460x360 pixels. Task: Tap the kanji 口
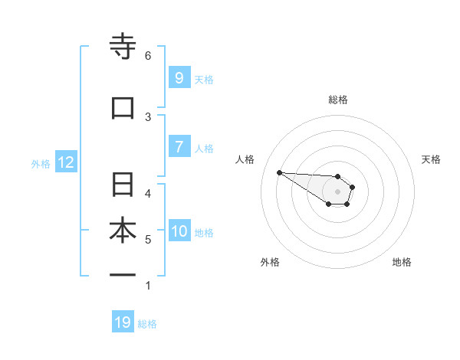pyautogui.click(x=123, y=108)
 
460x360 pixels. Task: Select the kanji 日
pyautogui.click(x=123, y=186)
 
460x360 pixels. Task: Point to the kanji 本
pyautogui.click(x=123, y=231)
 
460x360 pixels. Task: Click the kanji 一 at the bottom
pyautogui.click(x=123, y=274)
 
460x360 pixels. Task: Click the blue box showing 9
pyautogui.click(x=179, y=77)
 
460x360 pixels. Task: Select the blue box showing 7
pyautogui.click(x=179, y=147)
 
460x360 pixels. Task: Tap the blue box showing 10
pyautogui.click(x=180, y=231)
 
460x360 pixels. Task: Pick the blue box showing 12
pyautogui.click(x=65, y=162)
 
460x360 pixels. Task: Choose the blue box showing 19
pyautogui.click(x=123, y=322)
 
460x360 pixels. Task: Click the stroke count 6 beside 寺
pyautogui.click(x=148, y=56)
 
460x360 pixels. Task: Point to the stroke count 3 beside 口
pyautogui.click(x=148, y=116)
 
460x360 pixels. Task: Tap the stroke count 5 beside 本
pyautogui.click(x=148, y=240)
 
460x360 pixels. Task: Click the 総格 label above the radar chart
pyautogui.click(x=338, y=100)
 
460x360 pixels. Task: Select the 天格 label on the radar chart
pyautogui.click(x=431, y=159)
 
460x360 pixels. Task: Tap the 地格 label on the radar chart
pyautogui.click(x=402, y=262)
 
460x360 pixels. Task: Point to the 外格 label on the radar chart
pyautogui.click(x=270, y=262)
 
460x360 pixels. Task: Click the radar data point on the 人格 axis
pyautogui.click(x=279, y=172)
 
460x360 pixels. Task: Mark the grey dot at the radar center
pyautogui.click(x=338, y=191)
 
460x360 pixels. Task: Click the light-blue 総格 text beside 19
pyautogui.click(x=147, y=324)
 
